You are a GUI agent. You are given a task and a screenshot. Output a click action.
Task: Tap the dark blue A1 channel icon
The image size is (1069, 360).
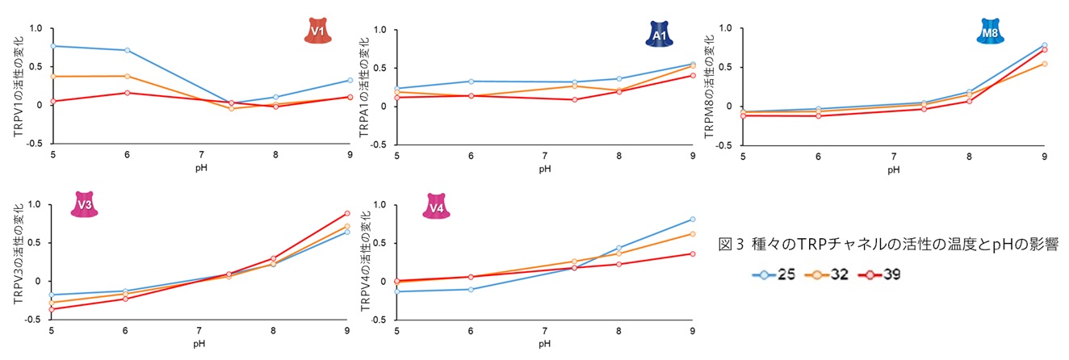(658, 34)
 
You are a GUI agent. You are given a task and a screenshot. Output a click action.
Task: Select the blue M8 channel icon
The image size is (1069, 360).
(988, 33)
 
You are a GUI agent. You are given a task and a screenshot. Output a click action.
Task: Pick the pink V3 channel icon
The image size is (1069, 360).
(83, 205)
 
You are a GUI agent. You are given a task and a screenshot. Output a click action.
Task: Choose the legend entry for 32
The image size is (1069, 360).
(828, 274)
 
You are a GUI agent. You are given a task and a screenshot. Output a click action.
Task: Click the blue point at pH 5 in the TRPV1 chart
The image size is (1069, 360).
(53, 46)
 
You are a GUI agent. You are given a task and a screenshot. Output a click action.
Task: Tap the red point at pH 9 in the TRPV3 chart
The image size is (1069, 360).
(347, 213)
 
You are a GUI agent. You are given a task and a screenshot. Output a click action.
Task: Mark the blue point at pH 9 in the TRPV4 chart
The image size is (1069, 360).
(693, 220)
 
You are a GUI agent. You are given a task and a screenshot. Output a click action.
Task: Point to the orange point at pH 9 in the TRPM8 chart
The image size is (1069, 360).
(1045, 64)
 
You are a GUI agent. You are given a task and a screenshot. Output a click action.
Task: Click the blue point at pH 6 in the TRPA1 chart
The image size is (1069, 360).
(471, 82)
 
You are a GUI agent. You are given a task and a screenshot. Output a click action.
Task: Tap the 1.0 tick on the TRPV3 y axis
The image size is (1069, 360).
(36, 204)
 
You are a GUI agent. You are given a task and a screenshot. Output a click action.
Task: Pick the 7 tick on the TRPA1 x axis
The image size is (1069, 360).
(545, 154)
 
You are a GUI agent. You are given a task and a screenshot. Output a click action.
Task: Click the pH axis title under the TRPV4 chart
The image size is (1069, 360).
(545, 344)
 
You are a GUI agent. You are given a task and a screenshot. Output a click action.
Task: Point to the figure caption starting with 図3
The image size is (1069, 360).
(888, 244)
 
